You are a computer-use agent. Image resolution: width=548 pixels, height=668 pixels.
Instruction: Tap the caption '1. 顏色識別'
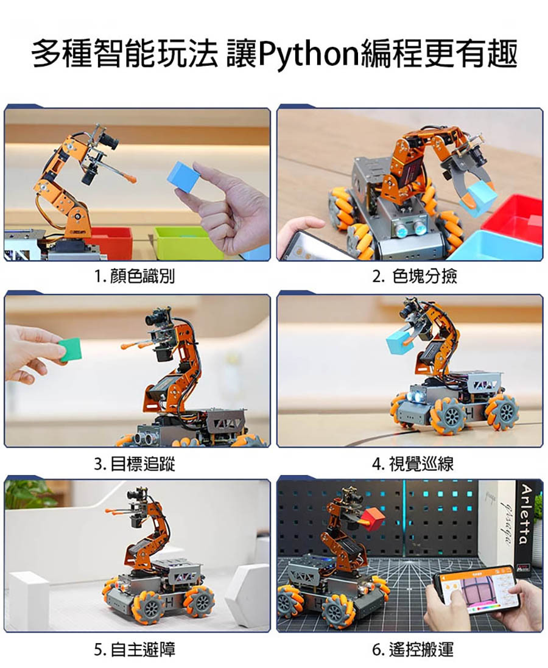135,276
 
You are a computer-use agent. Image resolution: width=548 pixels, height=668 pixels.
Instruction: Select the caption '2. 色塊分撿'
414,276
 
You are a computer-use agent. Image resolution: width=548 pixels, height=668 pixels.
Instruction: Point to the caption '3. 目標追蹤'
135,463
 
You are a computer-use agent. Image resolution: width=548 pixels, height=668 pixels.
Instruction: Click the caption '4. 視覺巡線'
412,463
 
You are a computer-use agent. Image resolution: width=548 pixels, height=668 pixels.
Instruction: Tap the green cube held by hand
70,350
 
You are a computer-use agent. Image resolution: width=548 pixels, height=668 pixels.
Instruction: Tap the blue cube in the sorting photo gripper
478,199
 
